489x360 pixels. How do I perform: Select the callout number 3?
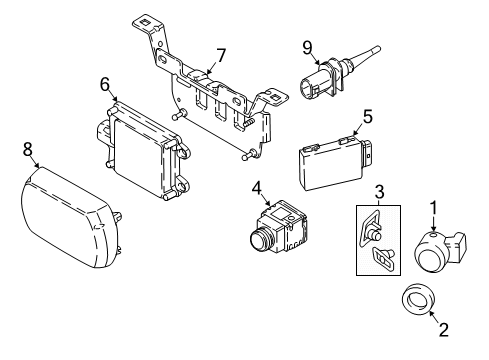(x=380, y=191)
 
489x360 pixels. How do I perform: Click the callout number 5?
(x=366, y=115)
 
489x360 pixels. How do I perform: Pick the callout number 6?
(x=104, y=84)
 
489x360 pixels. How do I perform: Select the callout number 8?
(x=27, y=149)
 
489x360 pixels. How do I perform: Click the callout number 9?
(x=308, y=45)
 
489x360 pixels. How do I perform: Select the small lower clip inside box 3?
(x=382, y=261)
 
